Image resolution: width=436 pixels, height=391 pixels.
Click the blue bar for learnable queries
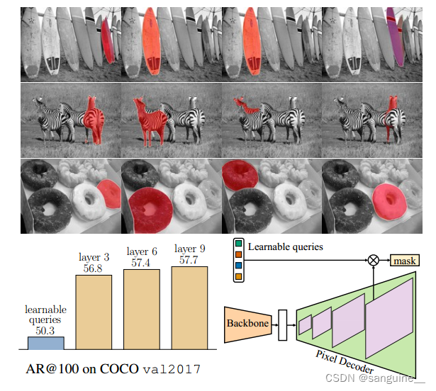[x=45, y=342]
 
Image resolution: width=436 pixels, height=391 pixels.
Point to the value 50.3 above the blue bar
[x=45, y=329]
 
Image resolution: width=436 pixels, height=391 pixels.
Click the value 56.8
[x=94, y=268]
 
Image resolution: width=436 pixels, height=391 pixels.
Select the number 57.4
[x=142, y=263]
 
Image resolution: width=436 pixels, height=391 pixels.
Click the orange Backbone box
[x=247, y=322]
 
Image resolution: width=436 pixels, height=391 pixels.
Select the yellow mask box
[x=405, y=261]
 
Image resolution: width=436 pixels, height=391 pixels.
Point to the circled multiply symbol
[x=372, y=261]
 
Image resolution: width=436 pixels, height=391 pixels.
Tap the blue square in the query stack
[x=237, y=265]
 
